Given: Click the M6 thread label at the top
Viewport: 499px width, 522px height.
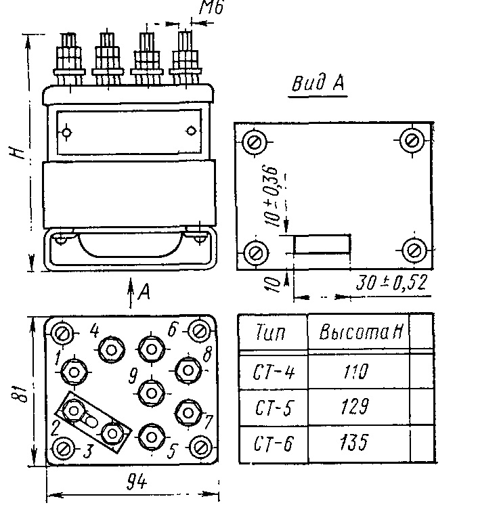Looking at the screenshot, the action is pos(212,7).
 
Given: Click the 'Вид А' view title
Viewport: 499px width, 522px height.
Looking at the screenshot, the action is pos(318,83).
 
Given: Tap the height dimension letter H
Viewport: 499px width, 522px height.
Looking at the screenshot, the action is pos(17,152).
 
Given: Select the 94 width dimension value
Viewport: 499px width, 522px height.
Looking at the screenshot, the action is pos(137,482).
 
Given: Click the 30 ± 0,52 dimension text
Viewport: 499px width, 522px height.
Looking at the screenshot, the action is pos(391,283).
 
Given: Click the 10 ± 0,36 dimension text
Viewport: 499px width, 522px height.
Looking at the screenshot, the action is pos(272,196).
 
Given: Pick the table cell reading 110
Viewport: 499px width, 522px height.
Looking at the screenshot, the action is pos(355,372).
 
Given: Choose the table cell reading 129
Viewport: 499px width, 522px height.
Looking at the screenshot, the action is pos(355,406).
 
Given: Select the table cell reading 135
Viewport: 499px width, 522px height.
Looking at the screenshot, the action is pos(354,442).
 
